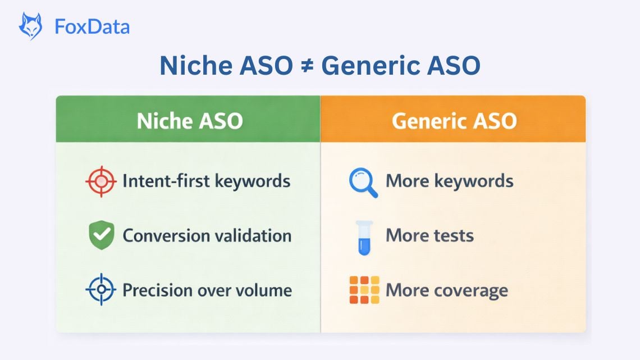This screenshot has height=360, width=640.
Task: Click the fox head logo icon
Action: click(31, 26)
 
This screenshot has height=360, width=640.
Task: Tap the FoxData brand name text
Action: click(92, 27)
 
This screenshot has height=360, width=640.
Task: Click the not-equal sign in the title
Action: click(307, 66)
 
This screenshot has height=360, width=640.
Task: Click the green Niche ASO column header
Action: click(188, 119)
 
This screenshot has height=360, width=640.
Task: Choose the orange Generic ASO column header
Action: click(453, 119)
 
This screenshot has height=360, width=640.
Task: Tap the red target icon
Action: click(101, 181)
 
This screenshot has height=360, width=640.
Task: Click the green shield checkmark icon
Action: click(102, 235)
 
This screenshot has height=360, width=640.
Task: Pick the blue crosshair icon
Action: click(101, 289)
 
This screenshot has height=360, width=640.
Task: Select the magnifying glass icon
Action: click(363, 183)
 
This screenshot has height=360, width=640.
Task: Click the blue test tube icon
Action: click(364, 238)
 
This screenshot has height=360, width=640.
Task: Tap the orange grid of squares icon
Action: click(364, 290)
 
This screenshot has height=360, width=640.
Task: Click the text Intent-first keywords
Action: click(207, 181)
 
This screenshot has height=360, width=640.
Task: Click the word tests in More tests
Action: click(453, 236)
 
